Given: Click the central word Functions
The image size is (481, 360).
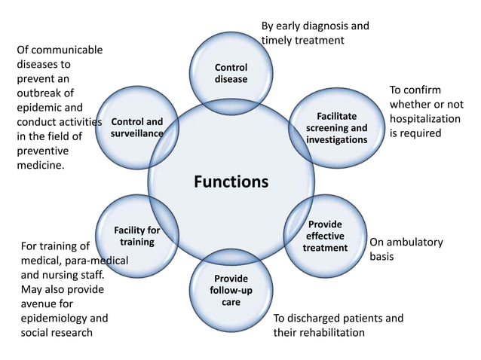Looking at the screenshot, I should pos(231,182).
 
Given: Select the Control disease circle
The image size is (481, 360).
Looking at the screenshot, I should pos(231,73).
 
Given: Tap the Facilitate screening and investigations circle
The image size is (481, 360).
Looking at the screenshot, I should pos(337,128).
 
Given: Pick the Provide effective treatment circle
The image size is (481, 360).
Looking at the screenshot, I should pos(325,236).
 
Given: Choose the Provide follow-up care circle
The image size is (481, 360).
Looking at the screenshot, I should pos(231,290).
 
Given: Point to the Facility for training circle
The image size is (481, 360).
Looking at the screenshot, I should pos(136,236).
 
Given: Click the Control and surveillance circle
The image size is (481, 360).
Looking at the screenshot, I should pos(136,127).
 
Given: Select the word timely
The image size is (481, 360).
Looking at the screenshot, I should pos(278,41).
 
